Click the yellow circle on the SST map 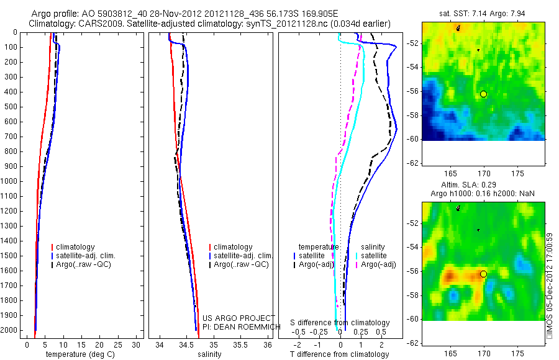[x=483, y=94]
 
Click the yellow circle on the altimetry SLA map [x=483, y=274]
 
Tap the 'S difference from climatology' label [x=340, y=323]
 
